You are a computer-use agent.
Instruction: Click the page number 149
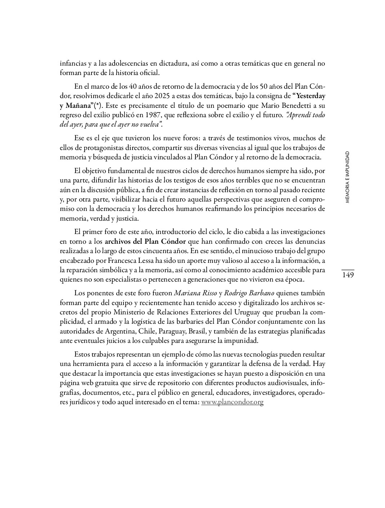348,275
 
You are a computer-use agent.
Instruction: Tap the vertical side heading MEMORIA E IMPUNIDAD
347,177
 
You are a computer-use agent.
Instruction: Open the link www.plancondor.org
232,402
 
